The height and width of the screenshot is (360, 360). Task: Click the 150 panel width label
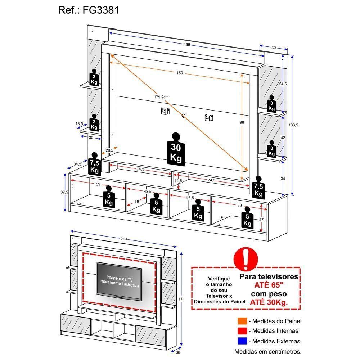pyautogui.click(x=180, y=73)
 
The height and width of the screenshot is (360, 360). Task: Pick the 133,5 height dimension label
pyautogui.click(x=294, y=125)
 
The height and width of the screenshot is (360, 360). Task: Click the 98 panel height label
pyautogui.click(x=242, y=123)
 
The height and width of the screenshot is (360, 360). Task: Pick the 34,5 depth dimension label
pyautogui.click(x=77, y=164)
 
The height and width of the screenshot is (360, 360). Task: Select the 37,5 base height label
pyautogui.click(x=64, y=192)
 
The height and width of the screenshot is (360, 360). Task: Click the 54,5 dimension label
pyautogui.click(x=283, y=84)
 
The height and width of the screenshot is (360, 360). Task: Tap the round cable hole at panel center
pyautogui.click(x=183, y=116)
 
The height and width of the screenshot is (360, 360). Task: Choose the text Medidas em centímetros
pyautogui.click(x=268, y=351)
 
